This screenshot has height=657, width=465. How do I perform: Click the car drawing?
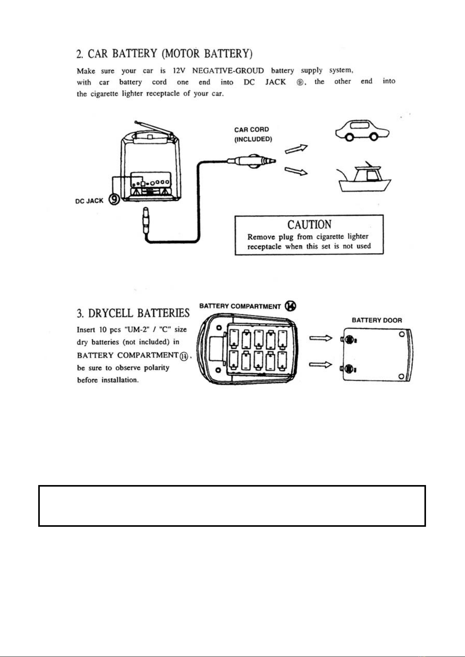362,130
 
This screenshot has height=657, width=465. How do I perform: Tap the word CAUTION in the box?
309,225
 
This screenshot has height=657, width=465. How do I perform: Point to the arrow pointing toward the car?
296,149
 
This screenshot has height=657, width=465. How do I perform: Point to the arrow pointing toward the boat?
296,171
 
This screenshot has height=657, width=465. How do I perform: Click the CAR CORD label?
252,129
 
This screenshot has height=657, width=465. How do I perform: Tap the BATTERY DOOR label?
377,320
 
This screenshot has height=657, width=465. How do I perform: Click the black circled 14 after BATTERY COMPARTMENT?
291,306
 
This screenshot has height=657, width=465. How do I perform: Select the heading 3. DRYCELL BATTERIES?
133,313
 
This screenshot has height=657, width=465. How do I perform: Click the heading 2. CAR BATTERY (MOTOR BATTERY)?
165,54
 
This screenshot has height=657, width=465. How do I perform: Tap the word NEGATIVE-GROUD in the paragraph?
228,71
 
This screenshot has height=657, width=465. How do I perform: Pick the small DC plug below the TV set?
146,221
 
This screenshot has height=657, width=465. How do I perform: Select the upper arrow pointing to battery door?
321,338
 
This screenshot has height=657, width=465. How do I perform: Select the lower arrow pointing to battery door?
321,365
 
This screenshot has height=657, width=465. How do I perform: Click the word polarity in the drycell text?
157,368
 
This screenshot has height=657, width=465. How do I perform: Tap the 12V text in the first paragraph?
178,71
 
